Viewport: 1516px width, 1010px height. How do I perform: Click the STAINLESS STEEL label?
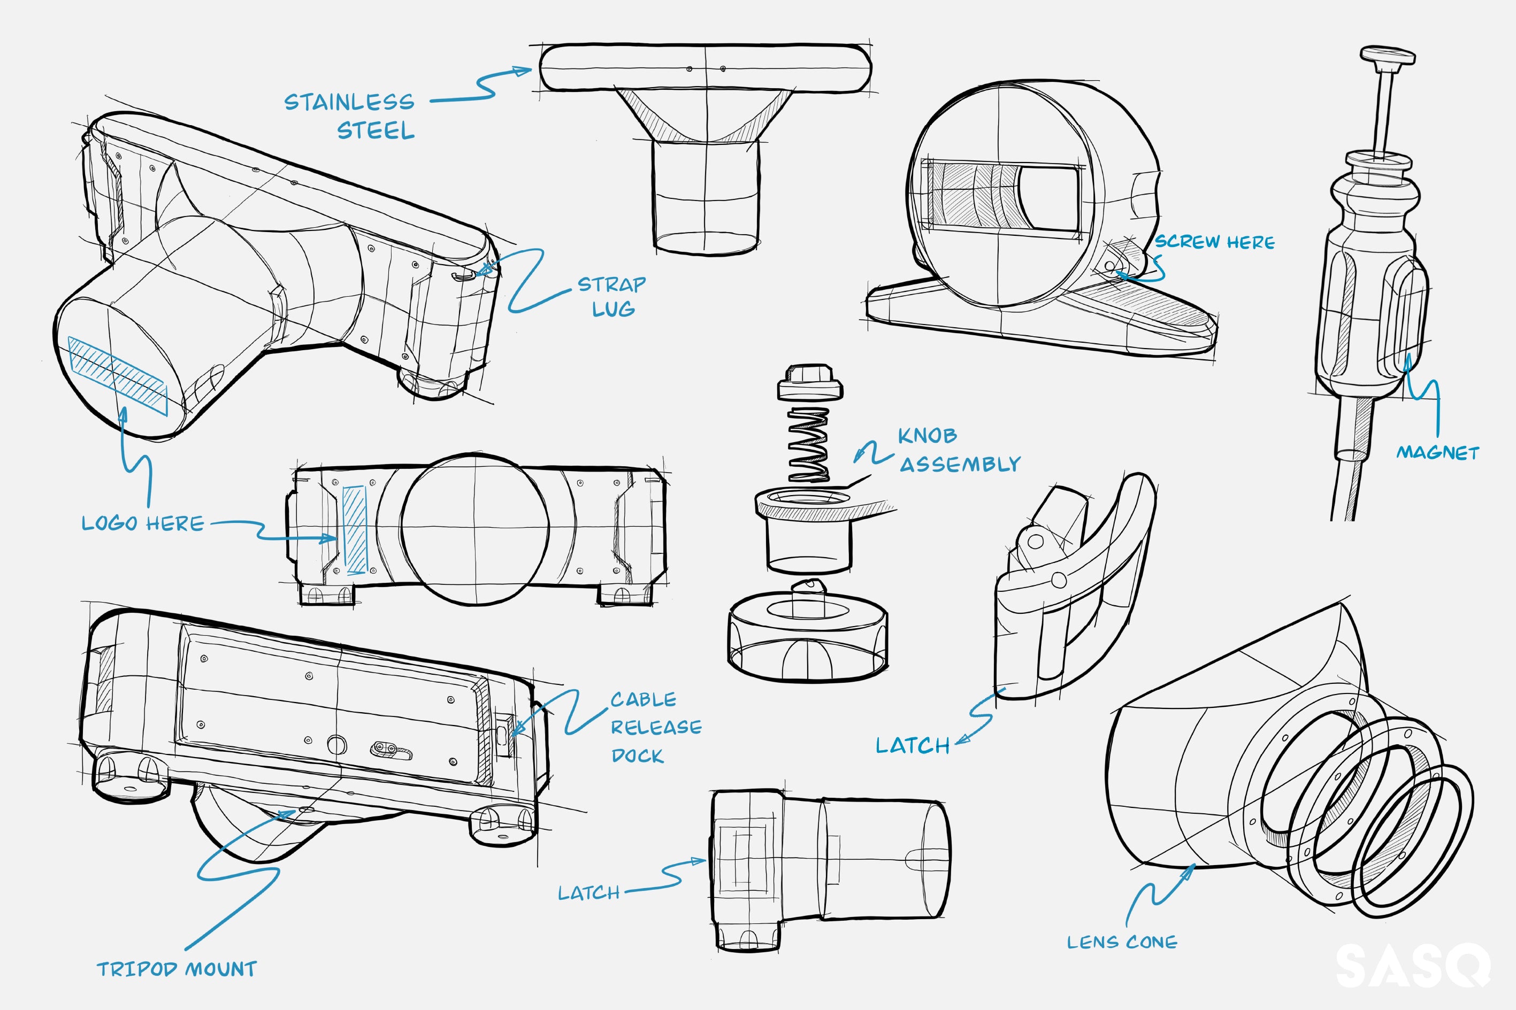point(350,116)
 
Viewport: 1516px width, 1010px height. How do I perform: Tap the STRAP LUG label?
point(611,296)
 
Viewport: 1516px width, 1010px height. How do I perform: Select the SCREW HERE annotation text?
point(1214,242)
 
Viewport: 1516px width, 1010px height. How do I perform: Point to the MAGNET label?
point(1437,453)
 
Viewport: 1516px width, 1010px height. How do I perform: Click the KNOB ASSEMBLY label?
point(959,450)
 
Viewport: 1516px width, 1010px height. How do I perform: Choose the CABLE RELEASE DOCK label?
point(655,727)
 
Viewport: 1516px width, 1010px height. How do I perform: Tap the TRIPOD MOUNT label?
point(177,969)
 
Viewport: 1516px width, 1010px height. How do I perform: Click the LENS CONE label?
point(1122,943)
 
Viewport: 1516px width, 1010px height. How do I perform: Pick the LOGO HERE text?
point(142,523)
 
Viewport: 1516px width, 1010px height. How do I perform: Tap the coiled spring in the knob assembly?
point(809,444)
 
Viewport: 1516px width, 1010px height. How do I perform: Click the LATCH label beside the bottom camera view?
point(588,893)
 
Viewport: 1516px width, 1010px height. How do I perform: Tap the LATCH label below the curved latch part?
point(912,746)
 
